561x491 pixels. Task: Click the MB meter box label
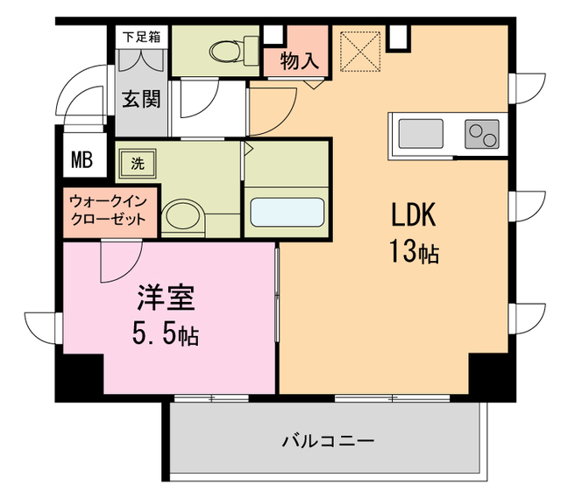(82, 160)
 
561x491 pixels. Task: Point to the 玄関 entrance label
(140, 99)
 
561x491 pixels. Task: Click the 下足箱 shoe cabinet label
(140, 37)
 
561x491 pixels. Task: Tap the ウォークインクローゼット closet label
(109, 211)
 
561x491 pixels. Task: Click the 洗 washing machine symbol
(138, 162)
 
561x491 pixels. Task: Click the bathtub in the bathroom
(288, 213)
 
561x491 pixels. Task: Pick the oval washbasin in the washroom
(182, 215)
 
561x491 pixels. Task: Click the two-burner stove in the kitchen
(481, 134)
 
